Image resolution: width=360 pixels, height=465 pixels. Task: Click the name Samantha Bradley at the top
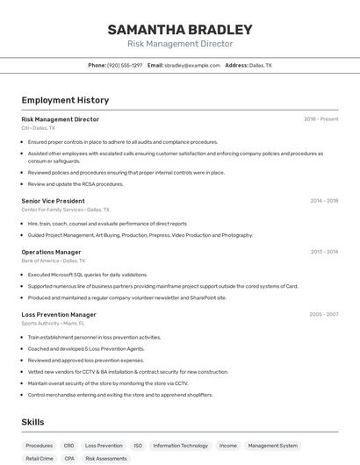pos(180,29)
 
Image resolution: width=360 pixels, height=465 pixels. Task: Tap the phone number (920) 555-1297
pos(125,65)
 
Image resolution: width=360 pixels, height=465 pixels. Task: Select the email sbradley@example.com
pos(192,65)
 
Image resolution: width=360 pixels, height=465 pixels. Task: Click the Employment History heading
pos(65,100)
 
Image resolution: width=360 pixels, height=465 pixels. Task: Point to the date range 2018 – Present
pos(320,118)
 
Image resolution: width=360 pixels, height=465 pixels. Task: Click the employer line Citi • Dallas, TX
pos(39,128)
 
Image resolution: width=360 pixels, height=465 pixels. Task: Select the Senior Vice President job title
pos(53,200)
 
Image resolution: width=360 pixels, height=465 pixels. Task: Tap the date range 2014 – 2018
pos(324,200)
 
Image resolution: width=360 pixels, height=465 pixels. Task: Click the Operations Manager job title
pos(51,252)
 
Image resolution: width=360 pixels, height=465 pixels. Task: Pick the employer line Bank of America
pos(54,261)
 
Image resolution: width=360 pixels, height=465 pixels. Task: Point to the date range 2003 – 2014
pos(324,252)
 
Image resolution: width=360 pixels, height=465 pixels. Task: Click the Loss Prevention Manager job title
pos(59,314)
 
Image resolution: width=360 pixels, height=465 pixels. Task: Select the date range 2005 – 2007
pos(324,314)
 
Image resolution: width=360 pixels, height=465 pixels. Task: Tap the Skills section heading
pos(33,422)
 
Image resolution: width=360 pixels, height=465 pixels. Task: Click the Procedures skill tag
pos(40,446)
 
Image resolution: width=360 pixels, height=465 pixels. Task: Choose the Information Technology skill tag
pos(180,446)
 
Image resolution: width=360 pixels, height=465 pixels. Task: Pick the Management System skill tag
pos(272,446)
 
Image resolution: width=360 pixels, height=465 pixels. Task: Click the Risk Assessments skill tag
pos(106,458)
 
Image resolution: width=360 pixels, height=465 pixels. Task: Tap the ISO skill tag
pos(138,446)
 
